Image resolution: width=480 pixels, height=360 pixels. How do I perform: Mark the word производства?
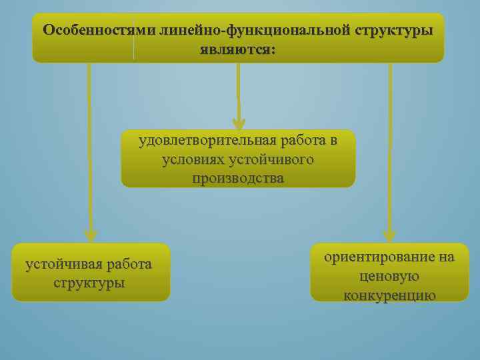[238, 179]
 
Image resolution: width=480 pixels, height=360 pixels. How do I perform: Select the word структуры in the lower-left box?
[90, 282]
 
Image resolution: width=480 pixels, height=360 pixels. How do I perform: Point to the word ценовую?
[389, 275]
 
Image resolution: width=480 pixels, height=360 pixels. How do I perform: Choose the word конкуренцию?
[390, 295]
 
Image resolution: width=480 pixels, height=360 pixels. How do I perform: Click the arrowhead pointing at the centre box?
[239, 123]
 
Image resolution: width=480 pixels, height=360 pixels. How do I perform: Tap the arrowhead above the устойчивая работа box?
[91, 235]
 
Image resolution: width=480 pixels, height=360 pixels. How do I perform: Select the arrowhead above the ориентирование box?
[390, 235]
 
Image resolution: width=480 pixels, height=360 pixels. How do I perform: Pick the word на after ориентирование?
[446, 257]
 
